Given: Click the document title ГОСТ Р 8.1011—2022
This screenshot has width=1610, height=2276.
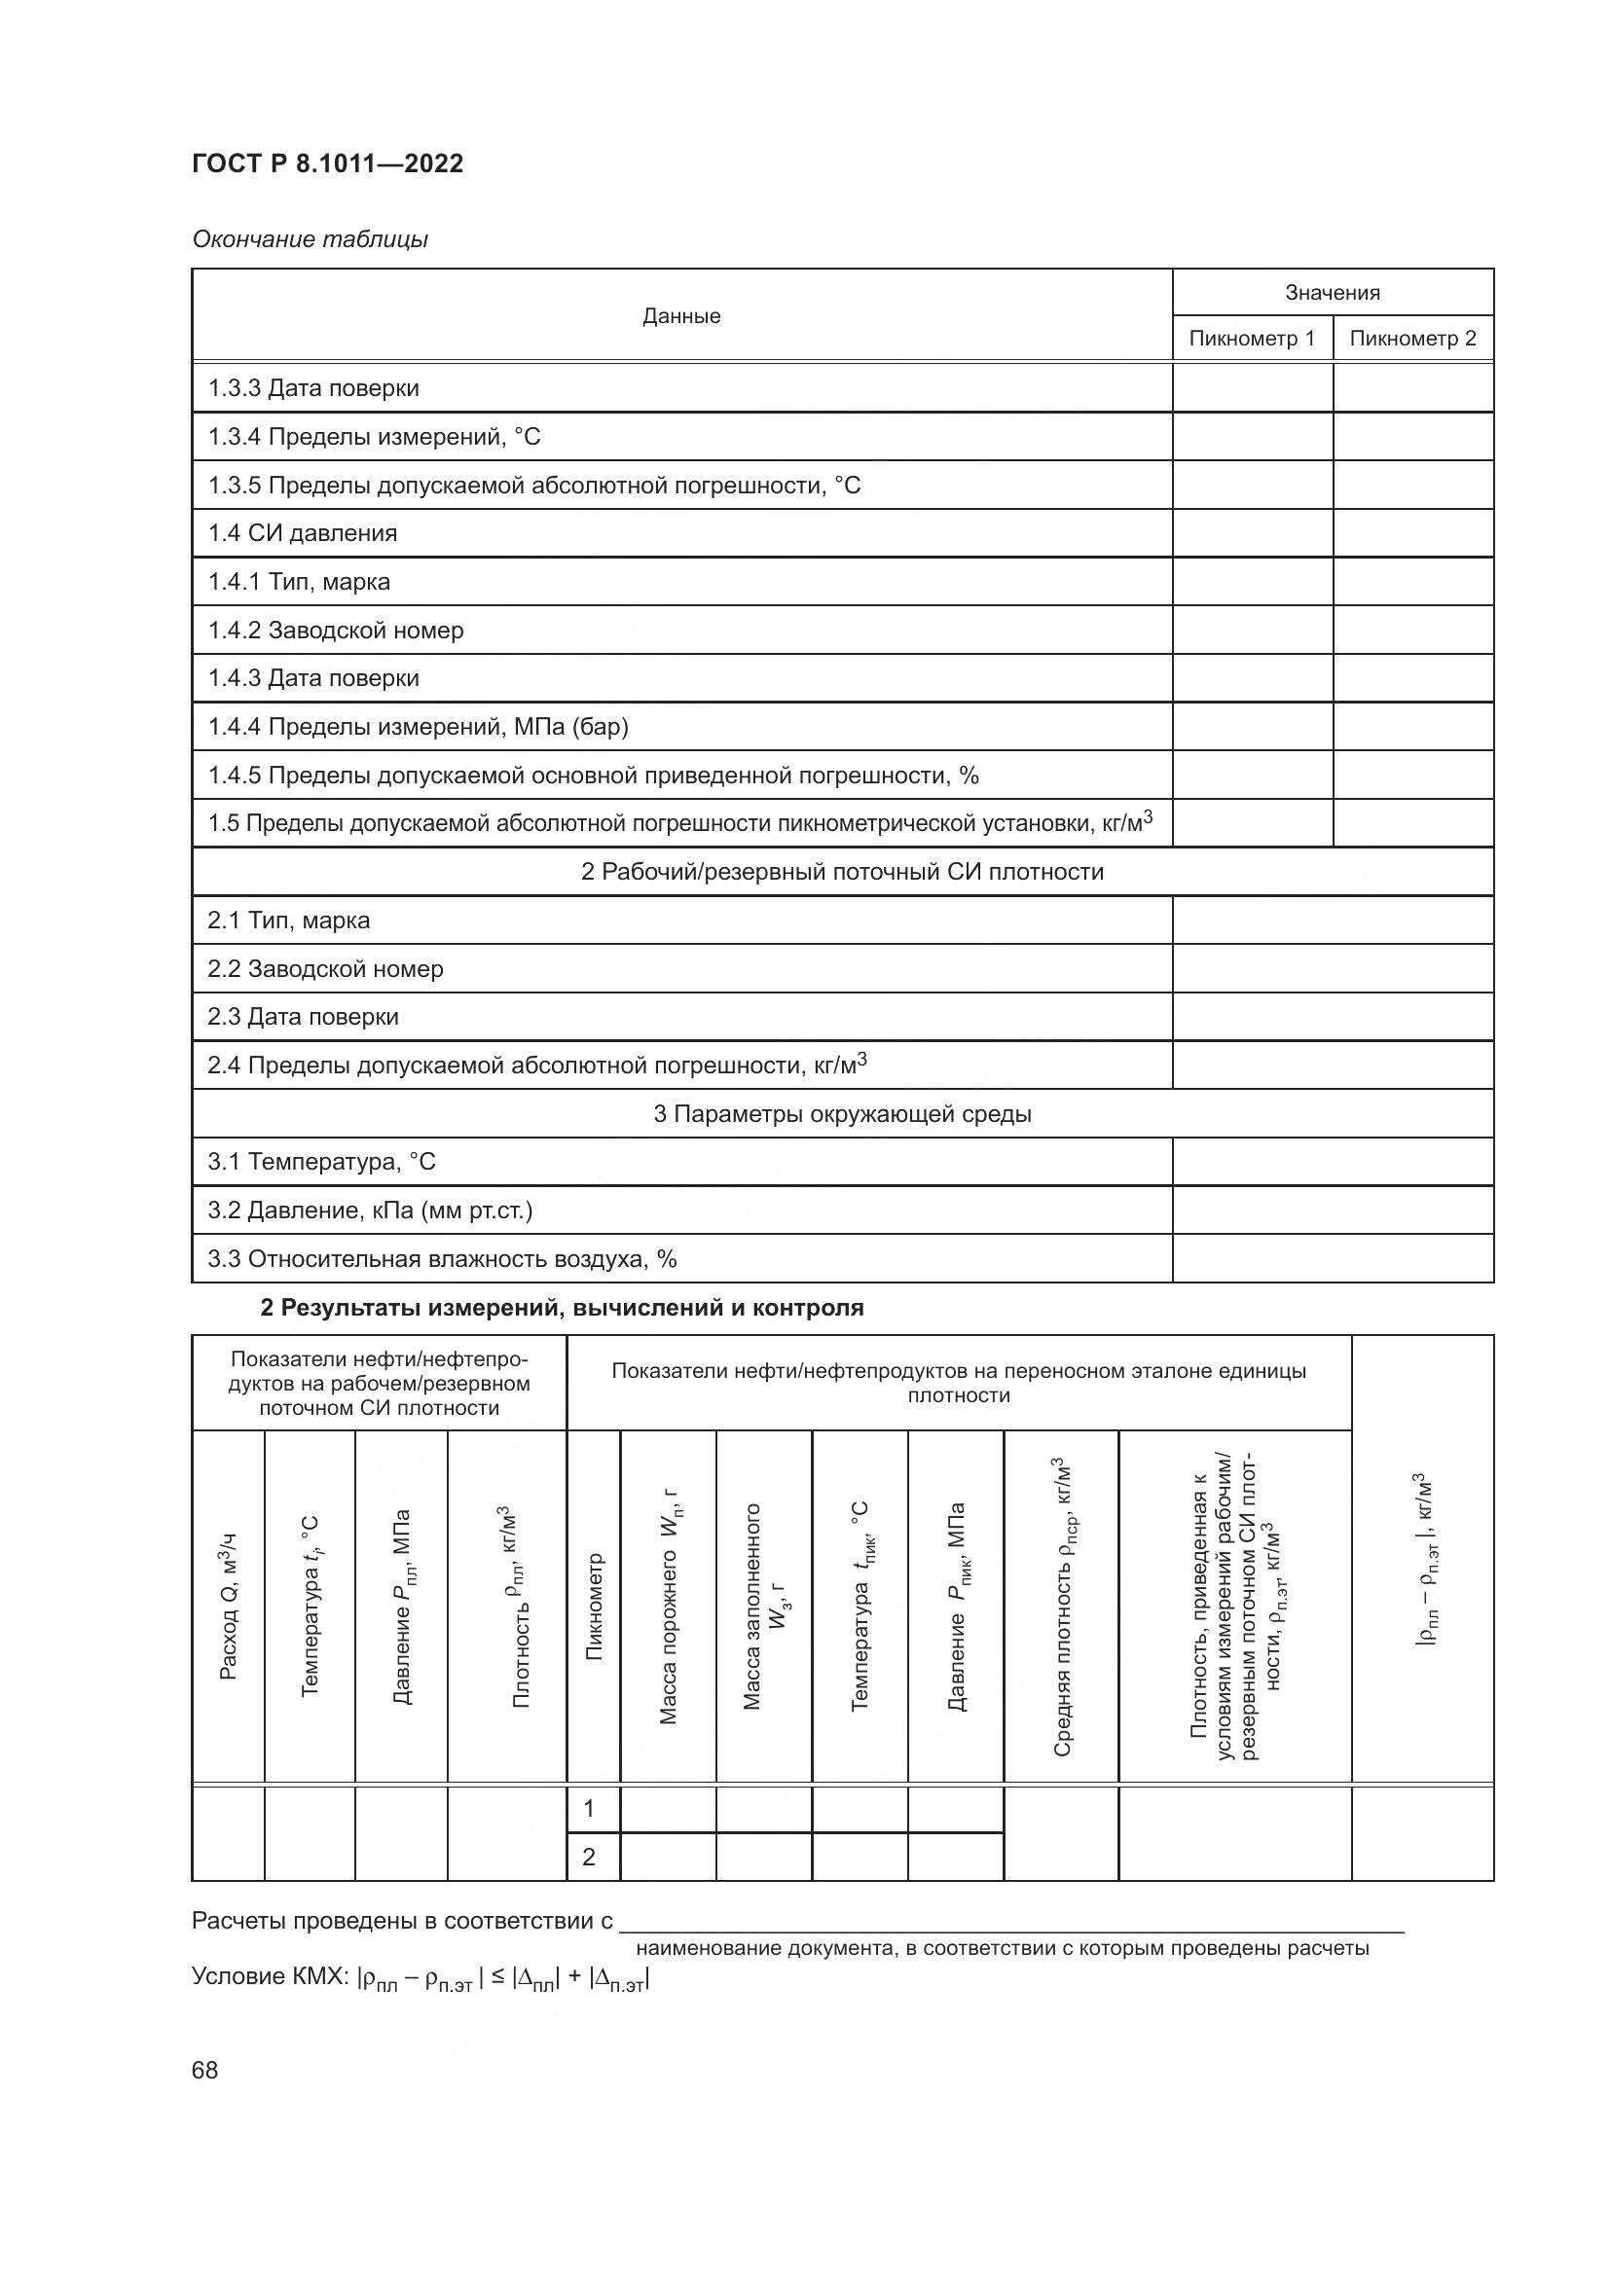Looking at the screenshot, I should (x=327, y=163).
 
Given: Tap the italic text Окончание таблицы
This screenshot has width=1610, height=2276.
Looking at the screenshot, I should (x=310, y=239).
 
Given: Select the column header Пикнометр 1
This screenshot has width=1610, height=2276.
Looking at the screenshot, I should (x=1251, y=338).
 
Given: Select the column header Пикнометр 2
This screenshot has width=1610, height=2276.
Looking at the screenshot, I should (x=1411, y=338).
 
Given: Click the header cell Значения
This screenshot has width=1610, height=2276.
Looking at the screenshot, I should (x=1332, y=293).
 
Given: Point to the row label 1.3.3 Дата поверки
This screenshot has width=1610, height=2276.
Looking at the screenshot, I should (x=313, y=387).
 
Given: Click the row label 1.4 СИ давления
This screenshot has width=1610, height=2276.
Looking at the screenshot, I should (x=303, y=533).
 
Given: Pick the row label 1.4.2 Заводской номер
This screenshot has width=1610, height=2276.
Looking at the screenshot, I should (x=335, y=631).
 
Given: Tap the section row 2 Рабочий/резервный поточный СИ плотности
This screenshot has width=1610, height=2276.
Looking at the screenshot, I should (x=842, y=872).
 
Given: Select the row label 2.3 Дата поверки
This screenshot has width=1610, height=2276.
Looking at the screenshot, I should (x=303, y=1017).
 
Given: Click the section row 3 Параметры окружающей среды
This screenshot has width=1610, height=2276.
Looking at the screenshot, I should (x=842, y=1114).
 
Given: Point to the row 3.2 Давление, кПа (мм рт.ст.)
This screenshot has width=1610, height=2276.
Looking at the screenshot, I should (x=370, y=1210).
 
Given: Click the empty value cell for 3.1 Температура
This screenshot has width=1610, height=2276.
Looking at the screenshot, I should (x=1332, y=1162).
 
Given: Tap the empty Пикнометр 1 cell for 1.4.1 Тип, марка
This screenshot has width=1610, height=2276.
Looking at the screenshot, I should (x=1251, y=582).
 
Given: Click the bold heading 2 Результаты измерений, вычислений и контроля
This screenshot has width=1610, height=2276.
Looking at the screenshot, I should (x=561, y=1308).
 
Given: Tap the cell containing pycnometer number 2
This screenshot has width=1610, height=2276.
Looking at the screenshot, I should (x=589, y=1857).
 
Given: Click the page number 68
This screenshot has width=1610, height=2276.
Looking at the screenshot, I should (x=205, y=2071).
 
